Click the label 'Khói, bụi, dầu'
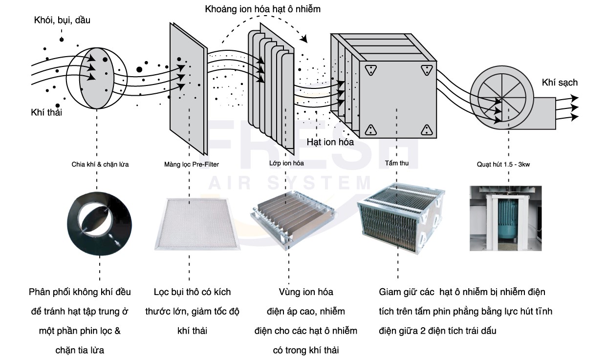tap(62, 21)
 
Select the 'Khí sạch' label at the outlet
tap(560, 83)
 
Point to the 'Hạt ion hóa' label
tap(330, 142)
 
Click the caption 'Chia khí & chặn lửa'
tap(100, 164)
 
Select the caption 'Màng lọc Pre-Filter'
tap(191, 164)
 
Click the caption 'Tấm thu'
tap(396, 163)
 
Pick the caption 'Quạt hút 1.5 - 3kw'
tap(503, 165)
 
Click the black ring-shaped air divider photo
tap(100, 222)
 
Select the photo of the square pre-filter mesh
tap(197, 224)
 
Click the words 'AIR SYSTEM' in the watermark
tap(290, 183)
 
